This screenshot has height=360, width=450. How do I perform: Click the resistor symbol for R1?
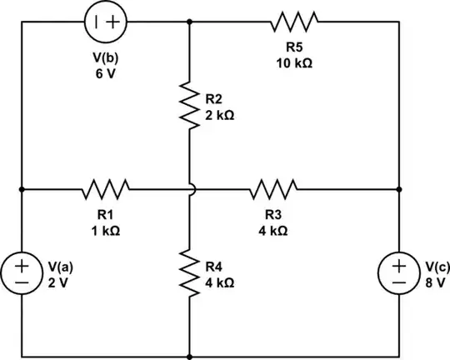pos(105,189)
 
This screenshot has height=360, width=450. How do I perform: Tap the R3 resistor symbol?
pos(272,189)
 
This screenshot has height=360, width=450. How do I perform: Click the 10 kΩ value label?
pos(293,63)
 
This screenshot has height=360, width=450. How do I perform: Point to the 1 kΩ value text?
pos(105,231)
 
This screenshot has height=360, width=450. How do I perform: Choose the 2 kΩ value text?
pos(219,116)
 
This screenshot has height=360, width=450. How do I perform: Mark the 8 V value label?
pos(435,282)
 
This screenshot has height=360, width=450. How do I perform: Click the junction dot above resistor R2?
pos(190,22)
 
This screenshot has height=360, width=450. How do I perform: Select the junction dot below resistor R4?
pos(190,356)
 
